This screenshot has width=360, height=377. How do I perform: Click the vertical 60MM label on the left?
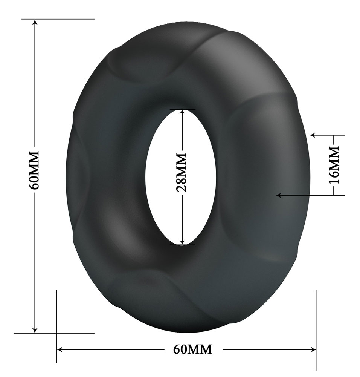pos(34,170)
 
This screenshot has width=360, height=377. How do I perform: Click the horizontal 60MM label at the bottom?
pos(192,349)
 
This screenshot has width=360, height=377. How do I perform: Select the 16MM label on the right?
pos(334,165)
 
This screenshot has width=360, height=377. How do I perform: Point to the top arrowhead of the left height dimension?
pos(35,22)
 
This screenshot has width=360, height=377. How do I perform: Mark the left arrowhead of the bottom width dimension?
pos(60,349)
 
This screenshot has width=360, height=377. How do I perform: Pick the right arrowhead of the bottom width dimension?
pos(313,349)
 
